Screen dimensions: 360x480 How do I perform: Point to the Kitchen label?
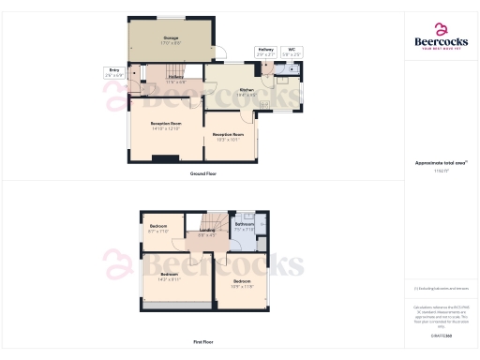pos(247,92)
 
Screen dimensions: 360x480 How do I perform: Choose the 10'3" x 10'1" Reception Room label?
pos(228,137)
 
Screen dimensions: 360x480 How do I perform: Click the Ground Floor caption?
pos(202,174)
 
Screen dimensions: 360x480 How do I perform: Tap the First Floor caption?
pos(202,343)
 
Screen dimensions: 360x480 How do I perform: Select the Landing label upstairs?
pos(207,232)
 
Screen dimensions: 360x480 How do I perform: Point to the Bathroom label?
pos(245,226)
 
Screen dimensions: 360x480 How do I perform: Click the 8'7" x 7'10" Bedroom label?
pos(159,229)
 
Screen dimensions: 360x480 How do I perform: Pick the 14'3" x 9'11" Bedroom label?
pos(169,277)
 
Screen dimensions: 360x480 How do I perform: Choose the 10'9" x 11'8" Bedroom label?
pos(241,283)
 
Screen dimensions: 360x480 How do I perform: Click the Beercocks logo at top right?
pos(442,39)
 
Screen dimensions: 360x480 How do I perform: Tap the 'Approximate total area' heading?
pos(441,162)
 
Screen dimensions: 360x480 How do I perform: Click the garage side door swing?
pos(212,52)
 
